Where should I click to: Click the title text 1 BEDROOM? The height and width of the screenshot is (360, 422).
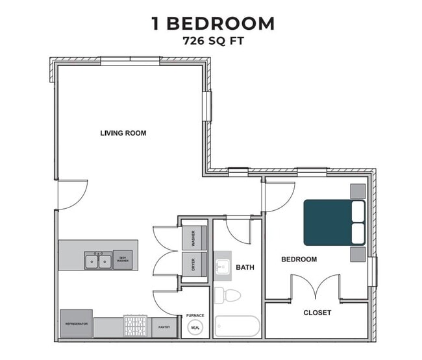(x=212, y=23)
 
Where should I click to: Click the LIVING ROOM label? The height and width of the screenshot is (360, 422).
(x=123, y=133)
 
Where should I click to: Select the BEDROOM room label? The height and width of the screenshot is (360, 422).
(x=299, y=259)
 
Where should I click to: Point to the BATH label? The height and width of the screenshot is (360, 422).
(x=245, y=267)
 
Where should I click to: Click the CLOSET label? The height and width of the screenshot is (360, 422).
(x=317, y=313)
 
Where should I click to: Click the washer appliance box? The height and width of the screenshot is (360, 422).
(x=193, y=239)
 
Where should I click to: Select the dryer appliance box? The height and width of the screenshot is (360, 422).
(x=193, y=264)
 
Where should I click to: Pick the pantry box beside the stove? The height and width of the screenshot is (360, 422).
(x=164, y=328)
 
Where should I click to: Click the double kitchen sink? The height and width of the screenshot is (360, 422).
(x=97, y=261)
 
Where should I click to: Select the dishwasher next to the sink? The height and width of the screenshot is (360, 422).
(x=123, y=260)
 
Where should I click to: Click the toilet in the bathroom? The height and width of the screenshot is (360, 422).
(x=229, y=296)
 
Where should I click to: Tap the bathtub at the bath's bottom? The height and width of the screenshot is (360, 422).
(x=237, y=326)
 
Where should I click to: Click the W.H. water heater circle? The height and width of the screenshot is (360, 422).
(x=195, y=328)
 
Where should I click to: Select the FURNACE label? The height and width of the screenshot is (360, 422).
(x=195, y=316)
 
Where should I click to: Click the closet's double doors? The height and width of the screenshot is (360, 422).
(x=315, y=287)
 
